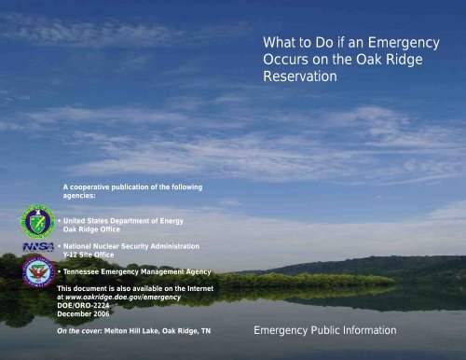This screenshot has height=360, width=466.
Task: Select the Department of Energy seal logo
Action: [x=38, y=223]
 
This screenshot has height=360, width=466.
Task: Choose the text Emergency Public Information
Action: [x=324, y=330]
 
